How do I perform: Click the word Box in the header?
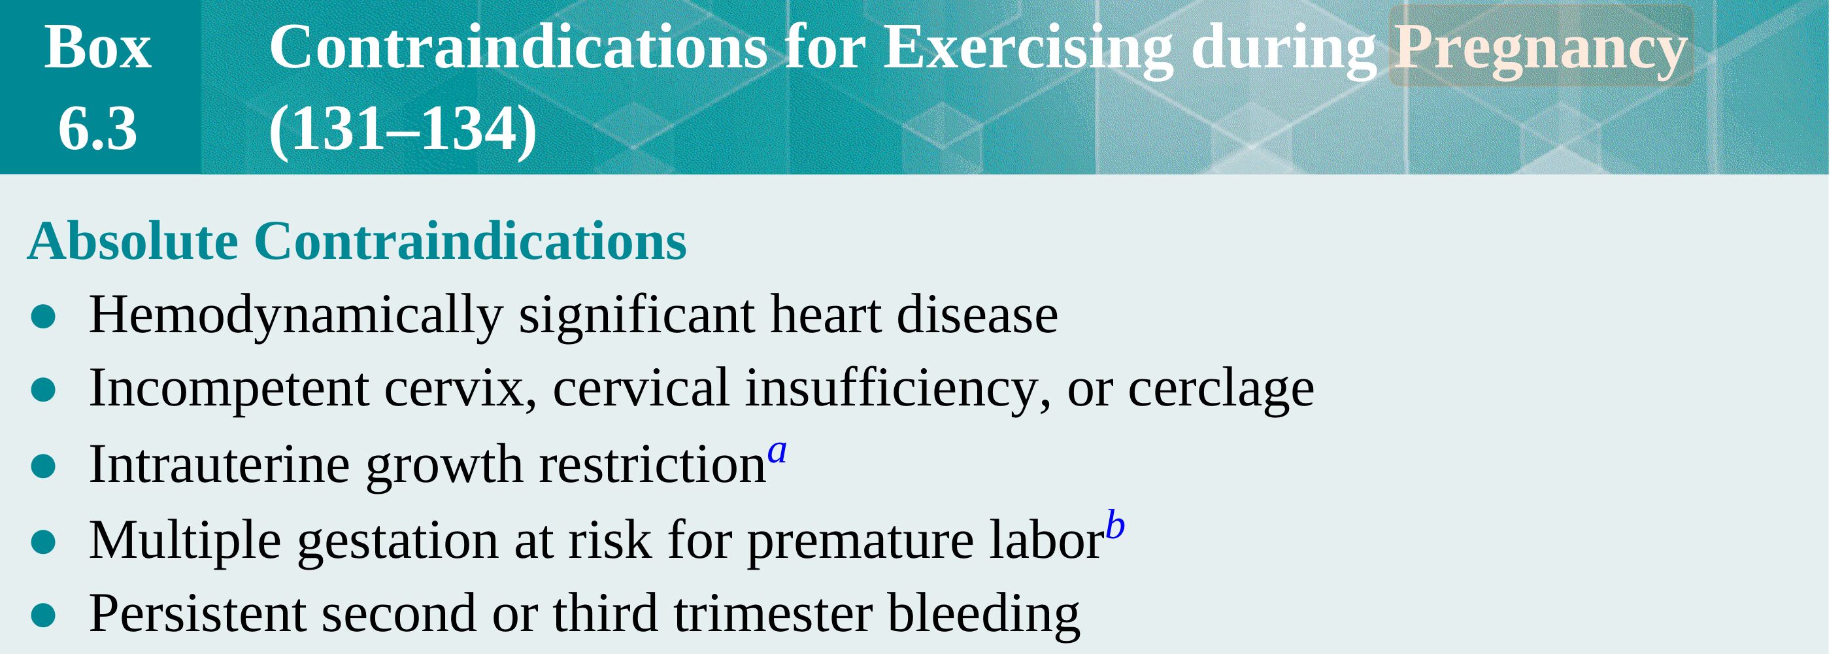(x=98, y=48)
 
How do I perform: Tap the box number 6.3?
(x=98, y=129)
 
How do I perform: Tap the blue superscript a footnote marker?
(x=777, y=451)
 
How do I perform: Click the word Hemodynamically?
(x=296, y=315)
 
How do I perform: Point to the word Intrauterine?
(x=220, y=464)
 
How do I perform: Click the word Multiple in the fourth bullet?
(x=184, y=540)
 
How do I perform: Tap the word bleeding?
(x=983, y=615)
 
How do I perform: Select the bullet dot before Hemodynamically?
(x=44, y=317)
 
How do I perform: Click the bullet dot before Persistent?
(x=44, y=615)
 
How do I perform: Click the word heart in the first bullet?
(x=825, y=315)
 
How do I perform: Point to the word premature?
(x=860, y=542)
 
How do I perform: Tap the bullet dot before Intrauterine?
(x=44, y=466)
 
